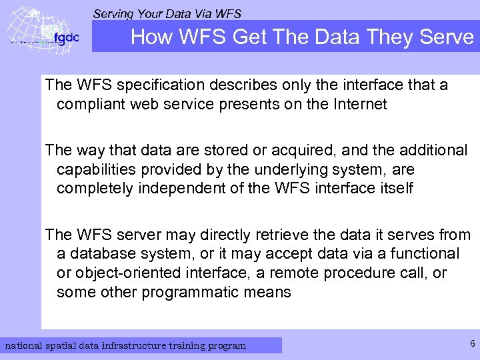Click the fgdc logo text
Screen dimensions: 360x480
67,38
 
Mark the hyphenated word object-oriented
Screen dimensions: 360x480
129,273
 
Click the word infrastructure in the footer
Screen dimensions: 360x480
127,345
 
